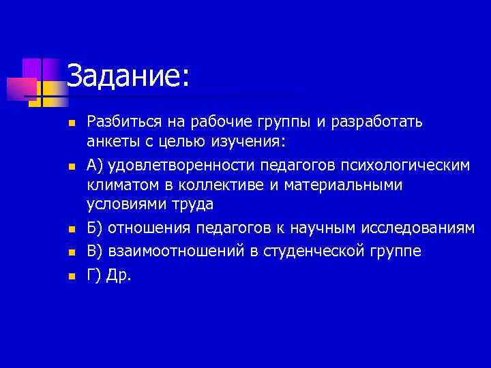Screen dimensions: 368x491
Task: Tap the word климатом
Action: (119, 185)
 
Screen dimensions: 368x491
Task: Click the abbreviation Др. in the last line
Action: (120, 275)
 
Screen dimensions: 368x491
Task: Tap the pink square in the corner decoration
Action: (21, 89)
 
